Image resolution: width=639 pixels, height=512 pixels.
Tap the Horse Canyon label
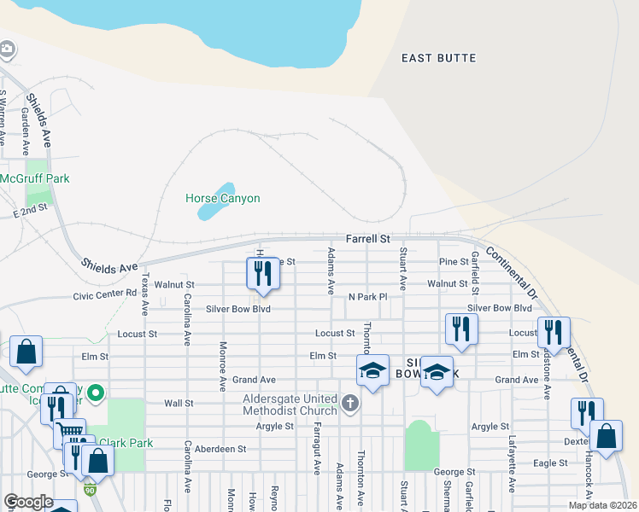click(222, 199)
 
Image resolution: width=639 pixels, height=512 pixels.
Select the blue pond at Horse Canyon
click(217, 201)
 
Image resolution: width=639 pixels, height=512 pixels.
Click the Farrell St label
click(367, 240)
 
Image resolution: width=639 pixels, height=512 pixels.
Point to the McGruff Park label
click(35, 179)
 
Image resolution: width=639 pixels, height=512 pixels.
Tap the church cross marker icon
click(349, 402)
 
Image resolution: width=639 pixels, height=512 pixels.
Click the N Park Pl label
click(367, 297)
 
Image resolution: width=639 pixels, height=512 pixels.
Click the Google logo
click(27, 502)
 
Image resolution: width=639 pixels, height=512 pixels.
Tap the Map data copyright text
click(601, 505)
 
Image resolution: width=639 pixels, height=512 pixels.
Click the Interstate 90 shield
click(91, 489)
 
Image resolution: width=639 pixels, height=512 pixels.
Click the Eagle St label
click(550, 463)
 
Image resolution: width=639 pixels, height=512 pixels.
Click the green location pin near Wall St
click(96, 393)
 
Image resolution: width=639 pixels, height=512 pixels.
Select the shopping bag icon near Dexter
click(606, 436)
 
